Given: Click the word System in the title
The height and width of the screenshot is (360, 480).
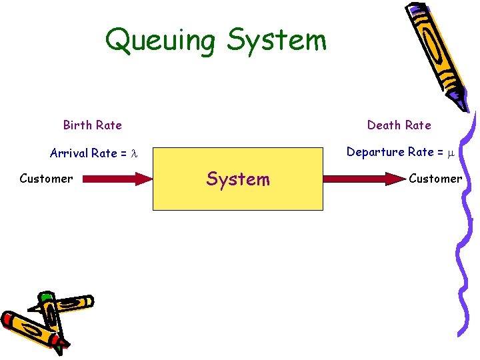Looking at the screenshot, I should pyautogui.click(x=277, y=40).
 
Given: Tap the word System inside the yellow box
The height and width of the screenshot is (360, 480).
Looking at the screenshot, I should pyautogui.click(x=238, y=179).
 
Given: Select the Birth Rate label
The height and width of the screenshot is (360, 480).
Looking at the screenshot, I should pyautogui.click(x=92, y=125).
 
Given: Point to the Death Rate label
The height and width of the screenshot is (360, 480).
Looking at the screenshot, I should pyautogui.click(x=399, y=125).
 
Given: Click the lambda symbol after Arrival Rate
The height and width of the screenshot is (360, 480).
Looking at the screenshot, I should pyautogui.click(x=133, y=154).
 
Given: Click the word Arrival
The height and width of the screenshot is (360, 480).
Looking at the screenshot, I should pyautogui.click(x=69, y=153).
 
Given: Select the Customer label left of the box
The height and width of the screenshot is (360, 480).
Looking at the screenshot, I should pyautogui.click(x=46, y=179).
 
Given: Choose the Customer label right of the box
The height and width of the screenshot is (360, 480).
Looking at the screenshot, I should pyautogui.click(x=435, y=179).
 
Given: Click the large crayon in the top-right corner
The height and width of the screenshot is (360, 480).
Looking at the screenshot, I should pyautogui.click(x=437, y=50).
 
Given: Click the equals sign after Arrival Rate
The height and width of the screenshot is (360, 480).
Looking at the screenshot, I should pyautogui.click(x=123, y=154).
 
